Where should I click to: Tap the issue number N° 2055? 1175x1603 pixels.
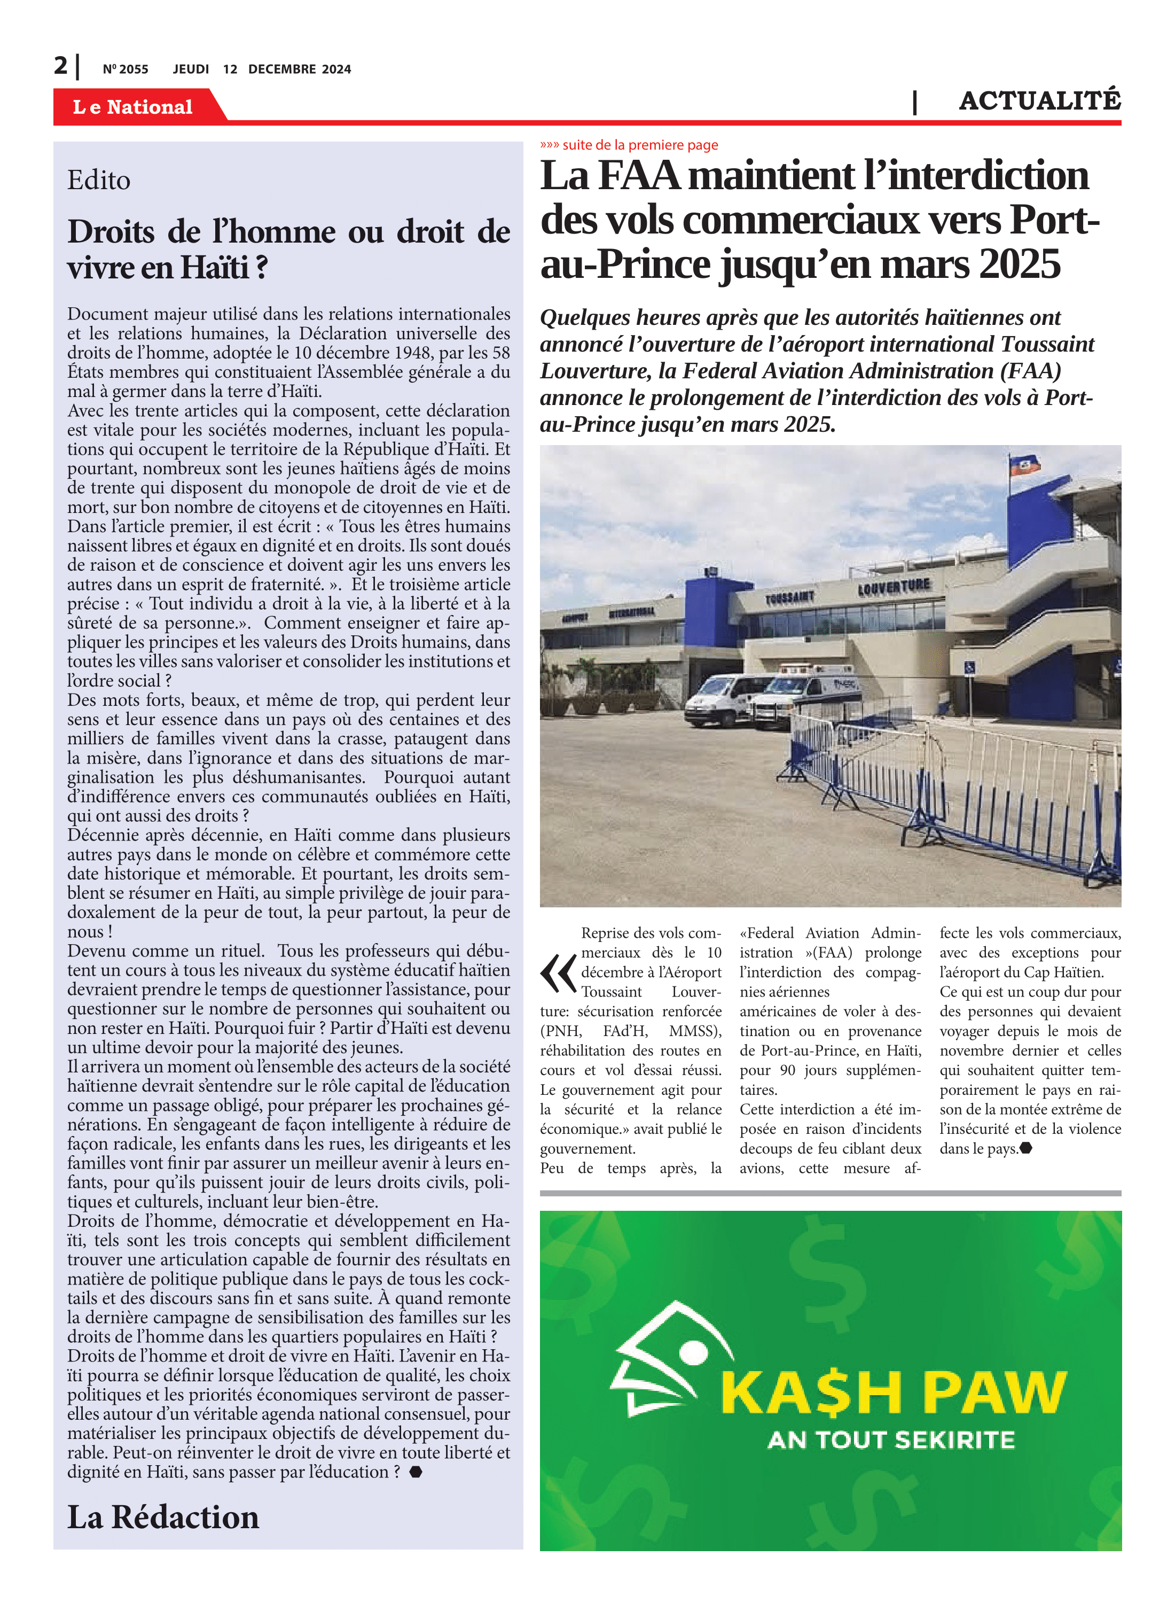[125, 69]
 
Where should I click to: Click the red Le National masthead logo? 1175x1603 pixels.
[133, 107]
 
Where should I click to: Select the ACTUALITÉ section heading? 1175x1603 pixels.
[1039, 101]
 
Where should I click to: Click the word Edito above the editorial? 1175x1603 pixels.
[99, 181]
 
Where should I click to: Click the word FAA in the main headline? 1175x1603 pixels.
[638, 176]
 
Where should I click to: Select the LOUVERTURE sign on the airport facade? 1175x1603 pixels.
[894, 586]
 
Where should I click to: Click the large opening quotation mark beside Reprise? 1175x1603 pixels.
[558, 974]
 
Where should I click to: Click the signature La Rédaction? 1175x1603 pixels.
[163, 1517]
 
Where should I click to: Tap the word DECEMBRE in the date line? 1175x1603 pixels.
[281, 69]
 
